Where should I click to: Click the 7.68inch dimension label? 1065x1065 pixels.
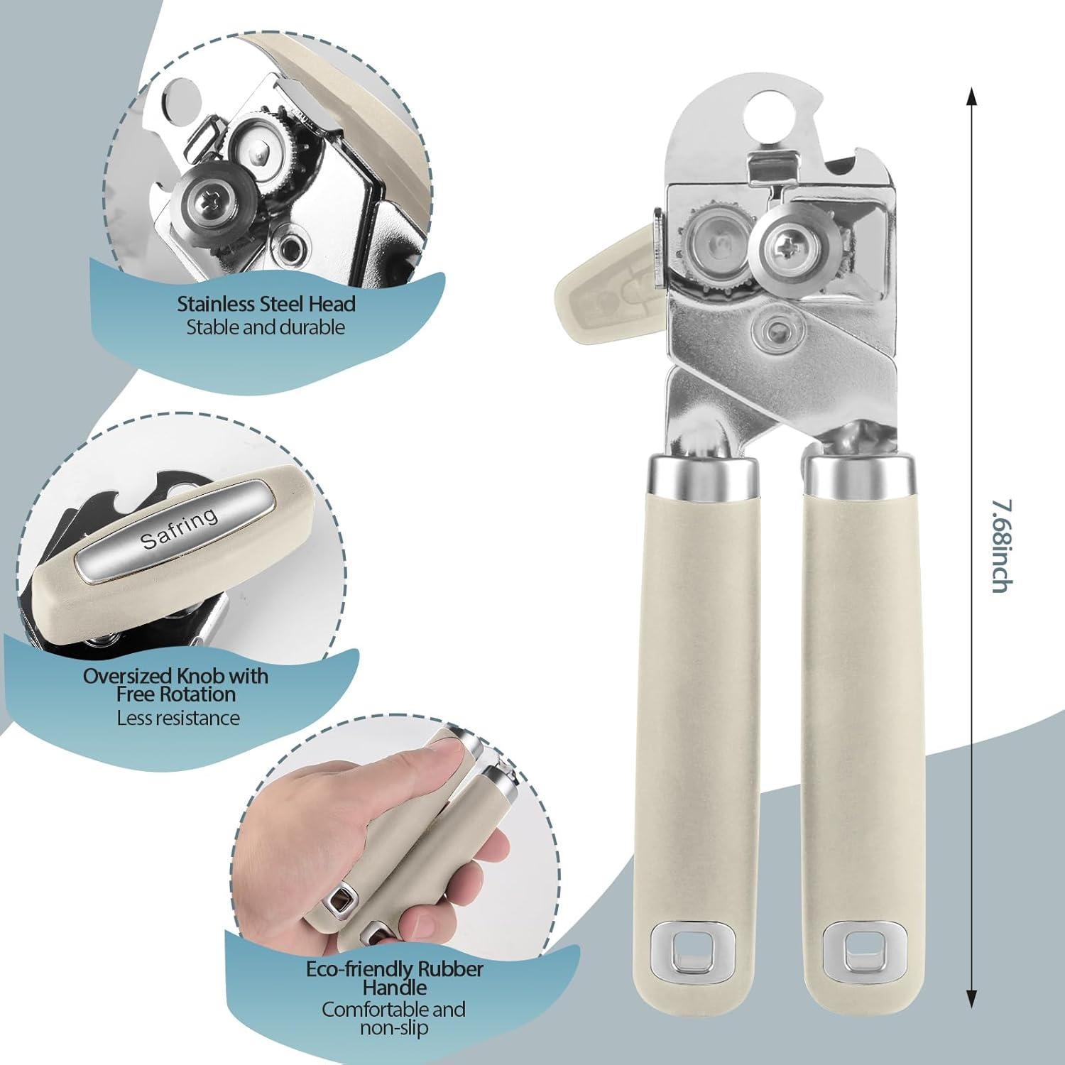tap(1002, 546)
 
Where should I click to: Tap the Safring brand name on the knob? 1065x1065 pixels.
tap(179, 528)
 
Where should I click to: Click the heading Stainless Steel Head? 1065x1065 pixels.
tap(266, 304)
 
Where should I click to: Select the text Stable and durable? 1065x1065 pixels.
tap(266, 327)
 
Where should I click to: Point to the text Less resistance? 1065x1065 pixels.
tap(178, 718)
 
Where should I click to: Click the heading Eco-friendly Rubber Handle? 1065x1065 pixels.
tap(394, 978)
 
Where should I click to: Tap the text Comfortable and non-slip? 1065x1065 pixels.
tap(393, 1018)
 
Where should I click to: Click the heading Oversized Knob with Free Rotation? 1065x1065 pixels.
tap(175, 684)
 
